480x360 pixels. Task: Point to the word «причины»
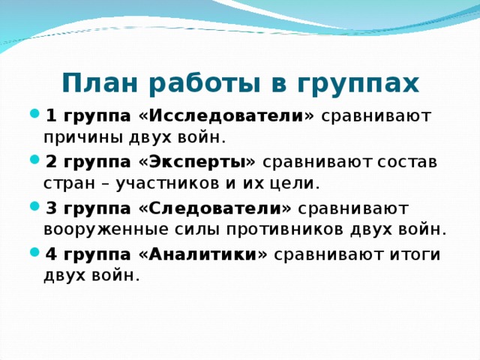pos(79,137)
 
